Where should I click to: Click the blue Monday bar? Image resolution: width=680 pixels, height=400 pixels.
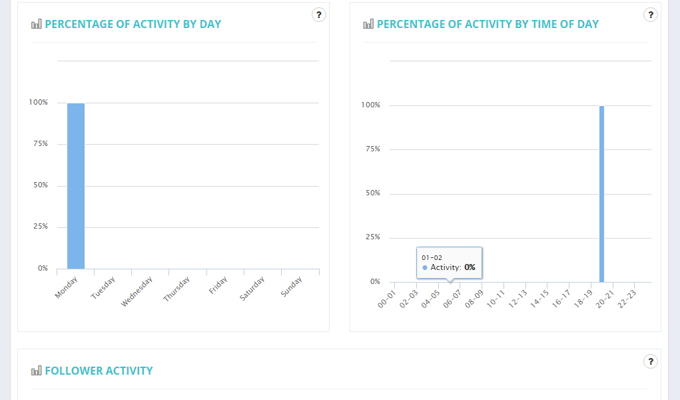[x=76, y=186]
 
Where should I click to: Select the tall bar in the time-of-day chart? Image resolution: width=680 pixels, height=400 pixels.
[x=601, y=194]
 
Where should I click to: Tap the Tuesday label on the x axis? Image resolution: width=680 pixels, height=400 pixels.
[x=103, y=287]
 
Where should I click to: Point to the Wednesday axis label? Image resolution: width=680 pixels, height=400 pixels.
[x=137, y=292]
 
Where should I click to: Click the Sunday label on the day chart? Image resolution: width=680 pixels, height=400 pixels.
[x=292, y=287]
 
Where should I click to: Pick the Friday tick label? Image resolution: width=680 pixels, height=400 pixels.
[x=218, y=286]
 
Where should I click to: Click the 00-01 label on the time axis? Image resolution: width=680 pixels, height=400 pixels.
[x=386, y=296]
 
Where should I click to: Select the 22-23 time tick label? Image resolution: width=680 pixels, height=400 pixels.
[x=626, y=296]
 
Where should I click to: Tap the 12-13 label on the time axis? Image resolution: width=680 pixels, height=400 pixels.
[x=517, y=296]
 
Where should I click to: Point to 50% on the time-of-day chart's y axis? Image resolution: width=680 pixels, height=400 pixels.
[x=371, y=193]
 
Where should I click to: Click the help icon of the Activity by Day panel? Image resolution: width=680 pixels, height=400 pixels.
[x=319, y=15]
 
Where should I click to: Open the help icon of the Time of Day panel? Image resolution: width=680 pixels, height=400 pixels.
[x=651, y=15]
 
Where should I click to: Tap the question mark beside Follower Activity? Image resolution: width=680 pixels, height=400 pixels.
[x=651, y=361]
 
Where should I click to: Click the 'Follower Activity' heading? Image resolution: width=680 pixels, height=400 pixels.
[x=99, y=371]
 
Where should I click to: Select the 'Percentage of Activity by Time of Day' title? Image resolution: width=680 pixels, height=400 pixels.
[x=488, y=24]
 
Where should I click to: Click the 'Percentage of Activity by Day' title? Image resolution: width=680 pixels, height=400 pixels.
[x=133, y=24]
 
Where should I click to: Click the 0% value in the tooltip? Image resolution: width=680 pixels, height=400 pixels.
[x=470, y=267]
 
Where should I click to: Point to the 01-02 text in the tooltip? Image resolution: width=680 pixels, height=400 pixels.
[x=432, y=257]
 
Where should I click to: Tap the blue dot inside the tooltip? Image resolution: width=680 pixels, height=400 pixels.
[x=425, y=267]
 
